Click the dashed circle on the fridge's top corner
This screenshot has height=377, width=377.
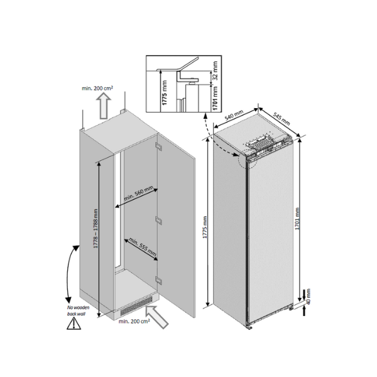tap(249, 160)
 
